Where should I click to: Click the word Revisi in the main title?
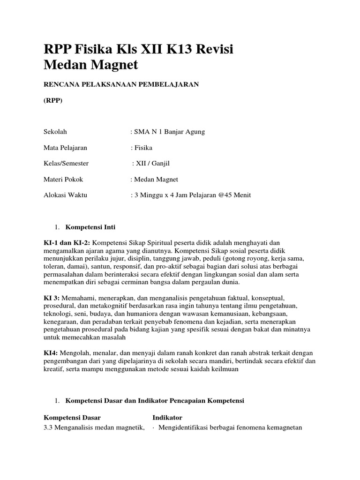pos(211,49)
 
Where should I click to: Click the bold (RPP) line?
pos(52,100)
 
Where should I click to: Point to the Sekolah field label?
pos(56,132)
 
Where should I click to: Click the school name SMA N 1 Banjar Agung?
pos(169,132)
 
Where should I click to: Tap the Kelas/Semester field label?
pos(66,164)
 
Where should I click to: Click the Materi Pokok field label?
pos(63,180)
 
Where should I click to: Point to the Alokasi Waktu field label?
pos(65,195)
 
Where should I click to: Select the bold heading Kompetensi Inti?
pos(90,227)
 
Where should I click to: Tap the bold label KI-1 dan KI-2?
pos(67,242)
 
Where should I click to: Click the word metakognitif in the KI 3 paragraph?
pos(99,306)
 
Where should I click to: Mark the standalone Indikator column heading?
pos(167,417)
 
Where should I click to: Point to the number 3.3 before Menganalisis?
pos(48,427)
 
